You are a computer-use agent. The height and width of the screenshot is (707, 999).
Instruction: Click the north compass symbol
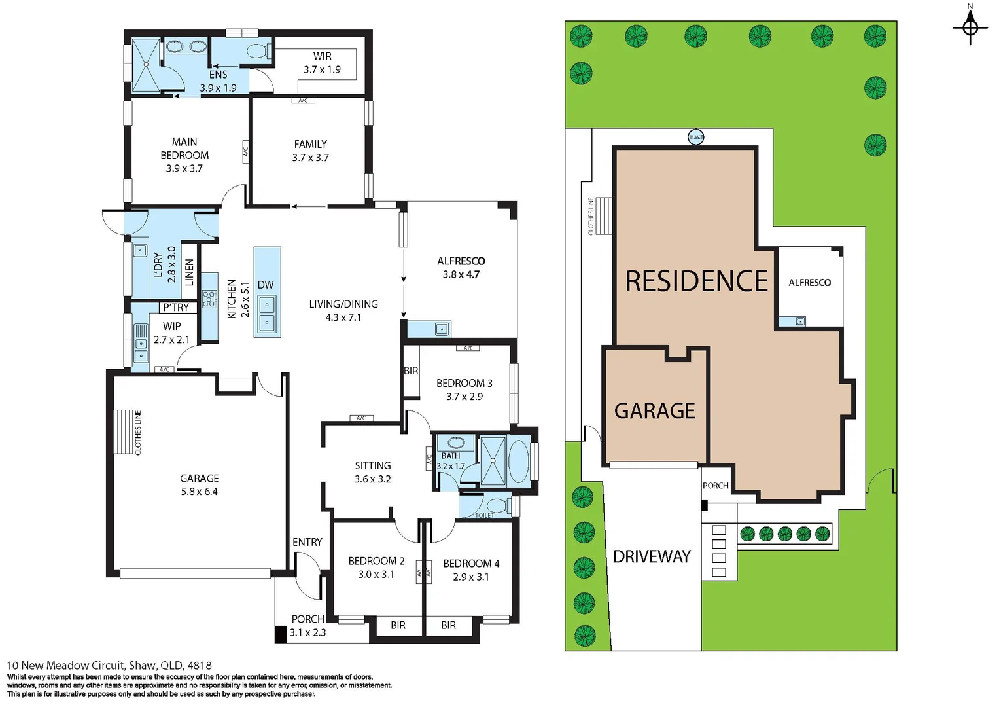click(x=970, y=27)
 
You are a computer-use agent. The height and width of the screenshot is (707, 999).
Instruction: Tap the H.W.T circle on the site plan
click(x=696, y=137)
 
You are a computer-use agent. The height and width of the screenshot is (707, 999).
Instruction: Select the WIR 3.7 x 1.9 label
click(x=322, y=63)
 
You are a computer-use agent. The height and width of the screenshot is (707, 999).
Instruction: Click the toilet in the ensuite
click(x=259, y=50)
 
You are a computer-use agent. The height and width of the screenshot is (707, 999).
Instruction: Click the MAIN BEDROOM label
click(x=184, y=155)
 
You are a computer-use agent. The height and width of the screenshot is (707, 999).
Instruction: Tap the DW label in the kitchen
click(x=266, y=285)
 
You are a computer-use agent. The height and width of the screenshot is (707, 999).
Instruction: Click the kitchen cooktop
click(x=209, y=299)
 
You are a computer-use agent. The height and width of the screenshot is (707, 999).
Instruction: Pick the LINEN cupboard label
click(x=190, y=272)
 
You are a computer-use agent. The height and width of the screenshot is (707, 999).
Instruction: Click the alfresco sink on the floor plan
click(x=442, y=329)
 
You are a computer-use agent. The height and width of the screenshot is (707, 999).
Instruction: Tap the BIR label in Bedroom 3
click(x=411, y=371)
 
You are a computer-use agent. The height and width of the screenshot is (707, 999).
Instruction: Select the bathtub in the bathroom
click(x=519, y=462)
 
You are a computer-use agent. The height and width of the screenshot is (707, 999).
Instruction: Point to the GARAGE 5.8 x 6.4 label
click(x=200, y=485)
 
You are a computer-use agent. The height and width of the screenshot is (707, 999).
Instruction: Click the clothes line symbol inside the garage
click(x=123, y=432)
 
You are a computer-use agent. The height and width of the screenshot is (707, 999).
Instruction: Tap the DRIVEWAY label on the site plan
click(x=652, y=557)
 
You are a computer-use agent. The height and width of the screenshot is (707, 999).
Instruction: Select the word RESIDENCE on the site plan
click(x=696, y=281)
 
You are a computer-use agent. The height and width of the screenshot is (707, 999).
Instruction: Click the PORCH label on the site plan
click(x=715, y=486)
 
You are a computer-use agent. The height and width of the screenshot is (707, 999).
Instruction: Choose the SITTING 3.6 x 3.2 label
click(x=373, y=472)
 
